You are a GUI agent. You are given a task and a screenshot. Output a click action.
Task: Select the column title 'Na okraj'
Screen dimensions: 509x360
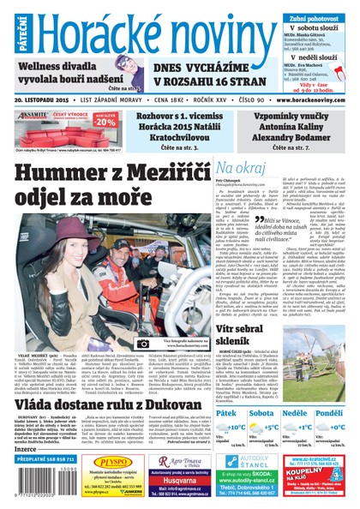pyautogui.click(x=241, y=168)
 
